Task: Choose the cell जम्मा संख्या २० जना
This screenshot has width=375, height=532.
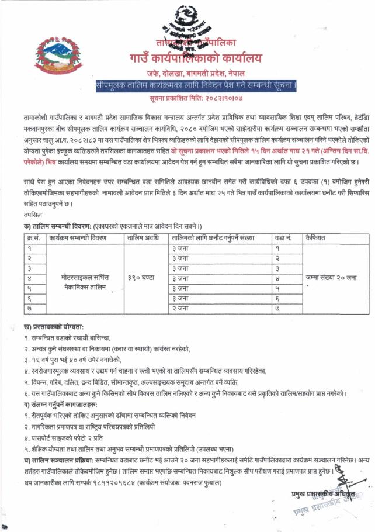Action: point(331,278)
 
